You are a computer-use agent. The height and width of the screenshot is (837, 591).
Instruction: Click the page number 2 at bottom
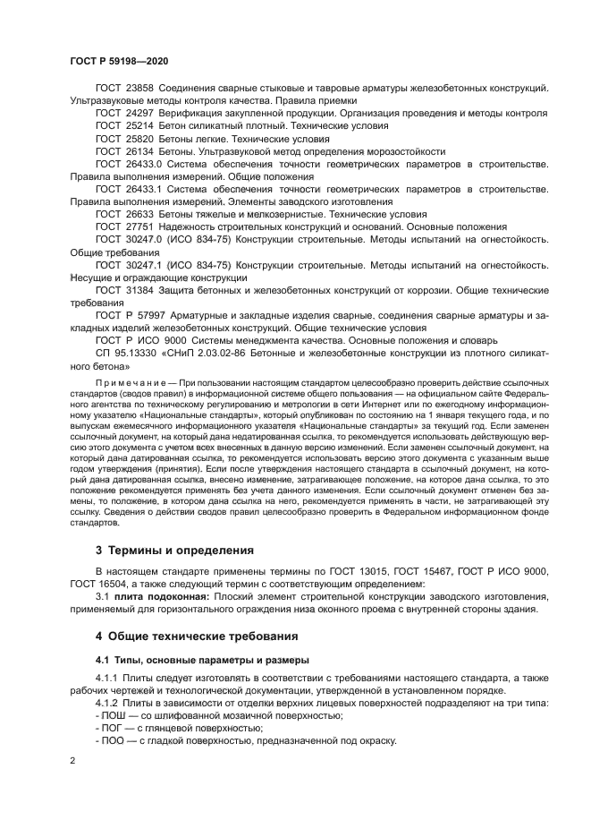pos(72,760)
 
